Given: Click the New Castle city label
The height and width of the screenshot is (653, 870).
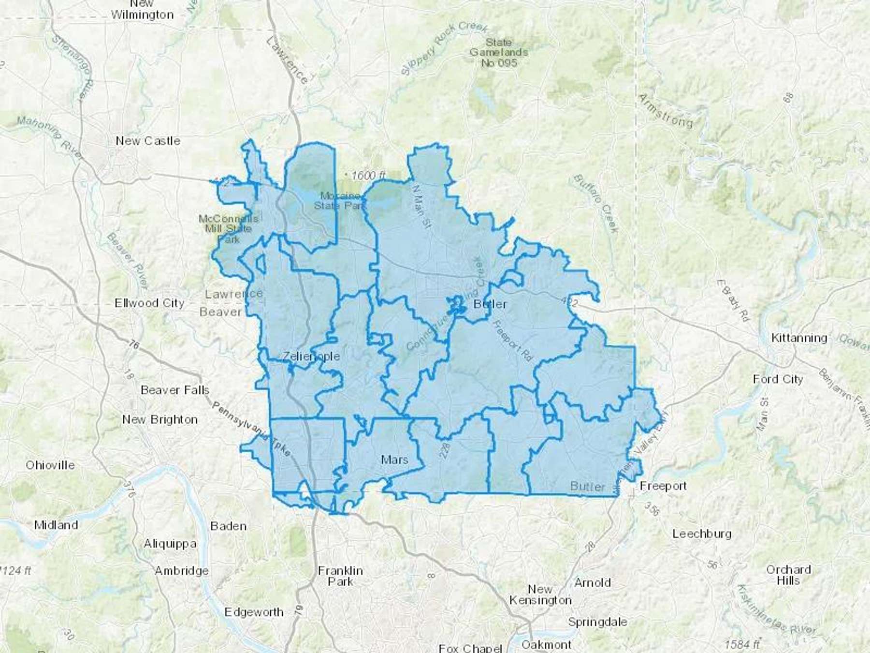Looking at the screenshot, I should tap(148, 141).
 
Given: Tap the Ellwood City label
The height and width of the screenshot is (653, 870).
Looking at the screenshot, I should tap(149, 303).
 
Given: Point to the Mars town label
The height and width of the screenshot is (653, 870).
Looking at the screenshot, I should tap(394, 460).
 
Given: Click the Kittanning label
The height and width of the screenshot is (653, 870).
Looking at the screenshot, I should tap(799, 338).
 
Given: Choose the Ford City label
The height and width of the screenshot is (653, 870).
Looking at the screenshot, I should tap(778, 379).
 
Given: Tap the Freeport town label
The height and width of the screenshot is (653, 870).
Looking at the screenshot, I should tap(663, 486).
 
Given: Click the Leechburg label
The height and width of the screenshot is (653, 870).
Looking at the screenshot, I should tap(702, 534).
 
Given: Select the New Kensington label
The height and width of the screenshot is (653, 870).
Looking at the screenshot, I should tap(540, 594).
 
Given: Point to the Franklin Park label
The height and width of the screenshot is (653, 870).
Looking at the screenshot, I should tap(340, 576).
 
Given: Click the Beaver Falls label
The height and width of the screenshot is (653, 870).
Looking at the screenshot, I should tap(175, 390).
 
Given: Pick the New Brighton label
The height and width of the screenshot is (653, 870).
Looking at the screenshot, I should tap(159, 419).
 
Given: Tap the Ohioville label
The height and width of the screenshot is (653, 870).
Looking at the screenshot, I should tap(50, 465).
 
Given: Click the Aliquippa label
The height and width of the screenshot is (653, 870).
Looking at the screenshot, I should tap(170, 544).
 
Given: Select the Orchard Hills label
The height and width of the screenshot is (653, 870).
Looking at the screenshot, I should tap(788, 575).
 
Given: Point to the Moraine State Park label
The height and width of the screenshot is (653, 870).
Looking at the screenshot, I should tap(340, 201).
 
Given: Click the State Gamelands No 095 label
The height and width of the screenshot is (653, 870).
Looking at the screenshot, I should tap(499, 52).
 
